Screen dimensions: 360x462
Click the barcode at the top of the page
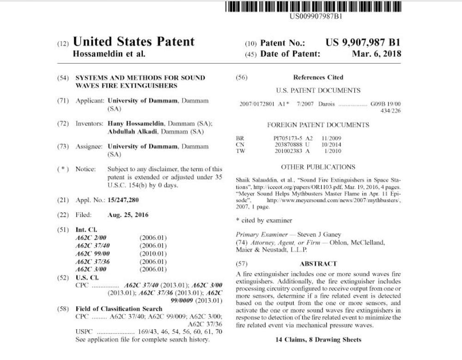tap(314, 7)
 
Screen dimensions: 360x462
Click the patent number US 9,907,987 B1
tap(363, 42)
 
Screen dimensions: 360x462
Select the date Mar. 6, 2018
tap(377, 54)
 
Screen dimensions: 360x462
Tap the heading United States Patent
tap(134, 42)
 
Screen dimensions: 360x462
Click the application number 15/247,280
tap(123, 200)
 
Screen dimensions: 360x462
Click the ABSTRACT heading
tap(318, 264)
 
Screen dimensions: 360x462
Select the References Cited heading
tap(318, 77)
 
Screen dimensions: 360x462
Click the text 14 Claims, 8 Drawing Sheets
tap(318, 340)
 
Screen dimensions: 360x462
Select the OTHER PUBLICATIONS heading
tap(318, 167)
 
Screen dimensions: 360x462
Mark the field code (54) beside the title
tap(63, 78)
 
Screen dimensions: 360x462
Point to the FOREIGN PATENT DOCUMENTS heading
tap(318, 125)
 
